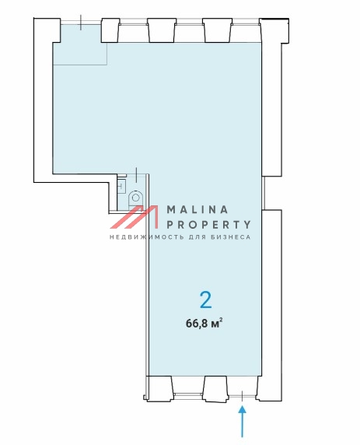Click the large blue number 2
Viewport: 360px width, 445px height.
(x=206, y=300)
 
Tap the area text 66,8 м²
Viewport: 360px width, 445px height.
(x=204, y=323)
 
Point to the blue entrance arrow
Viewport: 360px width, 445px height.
(x=242, y=422)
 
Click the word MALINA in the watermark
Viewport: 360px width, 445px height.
(x=197, y=210)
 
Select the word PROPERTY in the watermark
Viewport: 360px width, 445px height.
(x=208, y=225)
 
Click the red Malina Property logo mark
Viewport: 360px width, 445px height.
(x=134, y=217)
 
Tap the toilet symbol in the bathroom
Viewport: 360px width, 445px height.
(x=135, y=200)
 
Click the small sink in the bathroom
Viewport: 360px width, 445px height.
(x=121, y=187)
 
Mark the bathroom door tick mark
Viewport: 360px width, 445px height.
(x=138, y=175)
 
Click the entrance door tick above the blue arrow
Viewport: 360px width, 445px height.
(x=242, y=396)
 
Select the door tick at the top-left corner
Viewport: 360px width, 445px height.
(x=81, y=23)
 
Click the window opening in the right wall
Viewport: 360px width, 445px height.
(x=263, y=193)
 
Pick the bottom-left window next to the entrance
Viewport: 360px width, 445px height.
(x=187, y=394)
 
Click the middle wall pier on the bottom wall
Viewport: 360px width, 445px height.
(x=215, y=388)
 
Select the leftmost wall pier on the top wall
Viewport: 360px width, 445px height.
(x=110, y=30)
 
